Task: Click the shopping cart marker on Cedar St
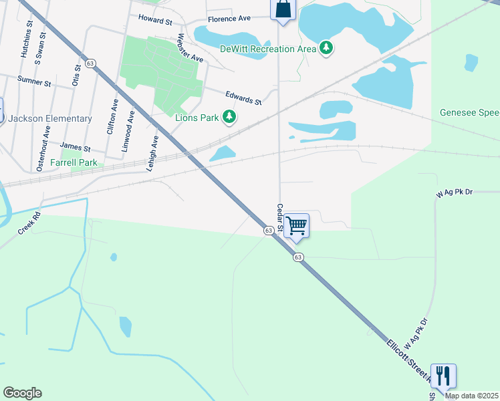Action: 296,225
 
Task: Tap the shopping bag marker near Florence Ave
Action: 283,9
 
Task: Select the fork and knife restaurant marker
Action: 443,376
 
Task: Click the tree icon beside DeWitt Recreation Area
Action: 326,47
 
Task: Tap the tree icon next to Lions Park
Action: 229,118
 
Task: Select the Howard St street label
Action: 155,21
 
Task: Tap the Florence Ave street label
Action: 229,19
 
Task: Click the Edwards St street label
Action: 243,98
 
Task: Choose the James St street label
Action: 75,146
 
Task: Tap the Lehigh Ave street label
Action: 154,154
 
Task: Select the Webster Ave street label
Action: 190,49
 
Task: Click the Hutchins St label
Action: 27,40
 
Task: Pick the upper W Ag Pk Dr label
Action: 455,192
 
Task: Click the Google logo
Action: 22,393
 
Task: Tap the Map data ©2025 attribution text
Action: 472,396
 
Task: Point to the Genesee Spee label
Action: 469,113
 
